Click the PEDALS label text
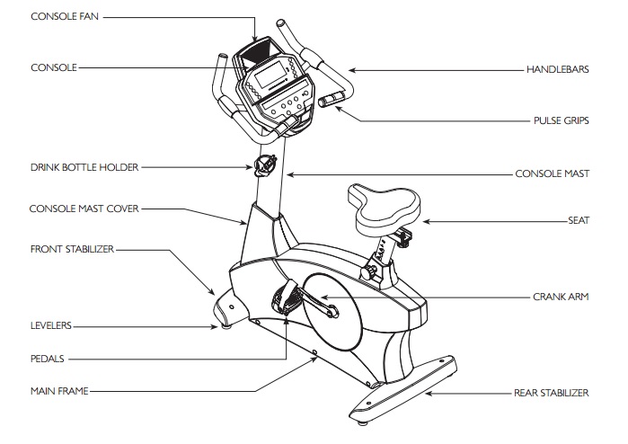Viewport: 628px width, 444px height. coord(48,357)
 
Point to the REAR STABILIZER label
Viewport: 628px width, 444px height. coord(551,393)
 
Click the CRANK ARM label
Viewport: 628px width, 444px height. coord(561,296)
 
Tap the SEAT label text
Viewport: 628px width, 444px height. coord(578,218)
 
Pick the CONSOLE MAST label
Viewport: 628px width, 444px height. coord(552,173)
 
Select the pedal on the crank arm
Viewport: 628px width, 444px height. coord(286,296)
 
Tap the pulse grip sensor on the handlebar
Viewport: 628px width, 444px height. coord(332,96)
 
